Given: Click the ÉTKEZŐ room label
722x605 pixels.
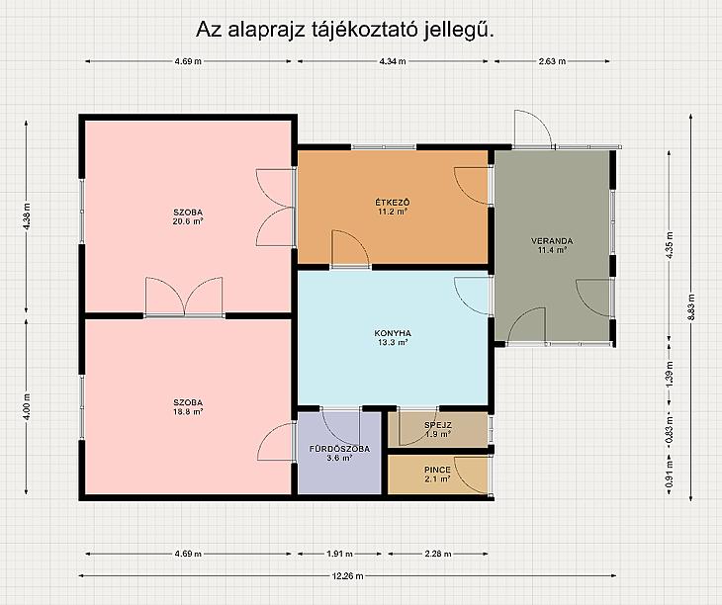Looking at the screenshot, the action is [393, 203].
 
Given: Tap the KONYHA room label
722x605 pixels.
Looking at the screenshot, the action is [393, 333].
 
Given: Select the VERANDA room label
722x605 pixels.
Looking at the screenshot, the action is [552, 241].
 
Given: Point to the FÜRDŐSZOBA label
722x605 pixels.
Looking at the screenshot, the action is [339, 449].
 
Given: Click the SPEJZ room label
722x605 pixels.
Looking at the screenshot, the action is [438, 425].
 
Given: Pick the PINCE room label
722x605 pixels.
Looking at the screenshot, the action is [437, 470].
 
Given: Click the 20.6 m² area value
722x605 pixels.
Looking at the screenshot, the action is [188, 221].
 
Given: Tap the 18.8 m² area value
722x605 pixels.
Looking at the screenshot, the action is [188, 412].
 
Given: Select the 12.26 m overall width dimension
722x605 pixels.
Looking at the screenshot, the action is [347, 575].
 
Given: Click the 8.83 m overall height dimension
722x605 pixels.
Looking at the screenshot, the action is [690, 306].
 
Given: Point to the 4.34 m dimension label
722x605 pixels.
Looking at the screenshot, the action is [393, 61].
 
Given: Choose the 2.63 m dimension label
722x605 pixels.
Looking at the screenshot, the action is [552, 61].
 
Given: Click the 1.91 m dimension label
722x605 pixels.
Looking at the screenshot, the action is [340, 554].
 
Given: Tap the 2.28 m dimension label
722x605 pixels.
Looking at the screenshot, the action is [438, 554].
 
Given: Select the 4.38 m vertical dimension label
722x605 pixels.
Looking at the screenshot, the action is [27, 216].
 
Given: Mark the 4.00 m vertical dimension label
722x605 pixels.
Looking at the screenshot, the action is [27, 406].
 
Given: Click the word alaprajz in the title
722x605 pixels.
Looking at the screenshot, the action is [266, 30].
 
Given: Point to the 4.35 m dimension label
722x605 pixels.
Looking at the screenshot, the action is [670, 245].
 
